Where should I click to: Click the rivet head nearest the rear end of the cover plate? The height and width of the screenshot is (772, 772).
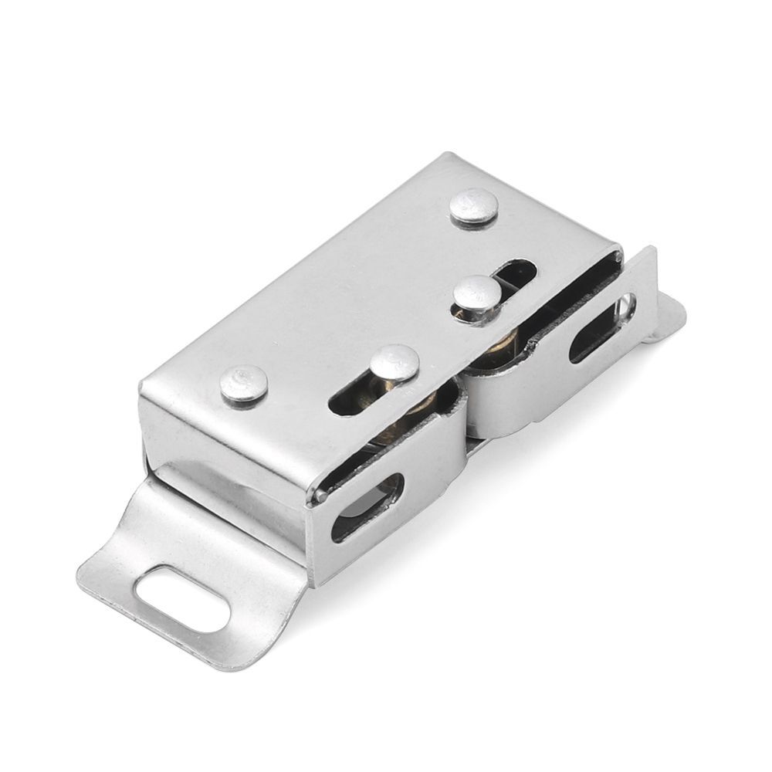click(474, 206)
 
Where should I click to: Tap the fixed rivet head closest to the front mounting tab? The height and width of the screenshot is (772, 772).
click(244, 384)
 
